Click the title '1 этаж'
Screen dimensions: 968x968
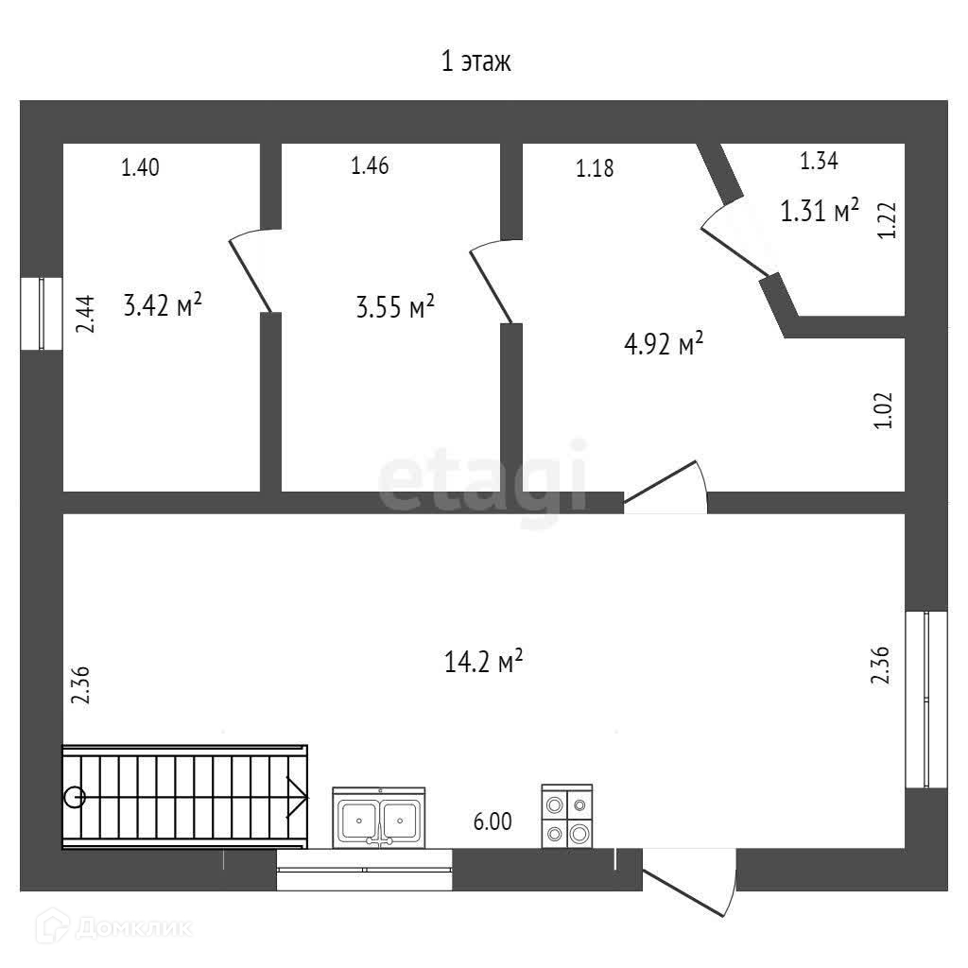point(475,63)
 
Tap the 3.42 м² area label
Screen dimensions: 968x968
point(164,305)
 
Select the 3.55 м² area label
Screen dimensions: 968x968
point(395,306)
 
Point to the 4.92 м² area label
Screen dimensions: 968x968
point(664,345)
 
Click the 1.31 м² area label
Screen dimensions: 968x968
point(819,210)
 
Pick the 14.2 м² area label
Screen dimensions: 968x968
point(484,661)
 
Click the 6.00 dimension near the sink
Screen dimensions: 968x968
point(493,821)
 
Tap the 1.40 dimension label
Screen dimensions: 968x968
point(140,168)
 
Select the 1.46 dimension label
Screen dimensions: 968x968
point(371,166)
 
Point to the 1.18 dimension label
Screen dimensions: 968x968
point(596,169)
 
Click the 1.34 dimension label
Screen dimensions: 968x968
point(819,161)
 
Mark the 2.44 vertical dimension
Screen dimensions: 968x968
point(86,314)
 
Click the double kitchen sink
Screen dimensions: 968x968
point(379,817)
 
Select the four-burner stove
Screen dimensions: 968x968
point(567,817)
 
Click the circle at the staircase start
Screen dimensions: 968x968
point(75,797)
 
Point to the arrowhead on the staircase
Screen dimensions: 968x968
point(297,798)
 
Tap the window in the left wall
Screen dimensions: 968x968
point(42,313)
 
